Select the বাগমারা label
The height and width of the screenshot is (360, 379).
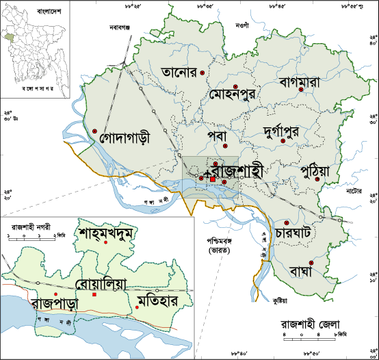coord(305,81)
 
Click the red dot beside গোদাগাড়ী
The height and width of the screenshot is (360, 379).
coord(95,131)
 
